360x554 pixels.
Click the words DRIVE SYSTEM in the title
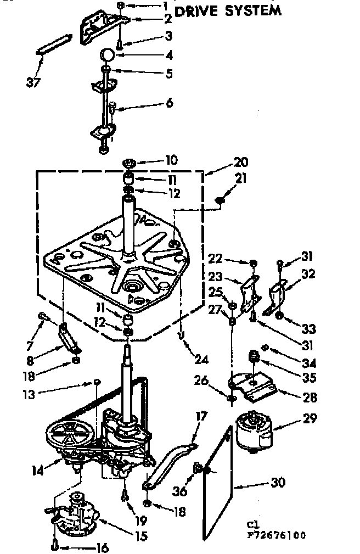(x=228, y=10)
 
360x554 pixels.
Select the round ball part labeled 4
(x=108, y=55)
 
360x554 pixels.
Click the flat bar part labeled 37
(x=54, y=43)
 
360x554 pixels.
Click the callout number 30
(x=278, y=483)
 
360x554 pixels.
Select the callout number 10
(x=171, y=160)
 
